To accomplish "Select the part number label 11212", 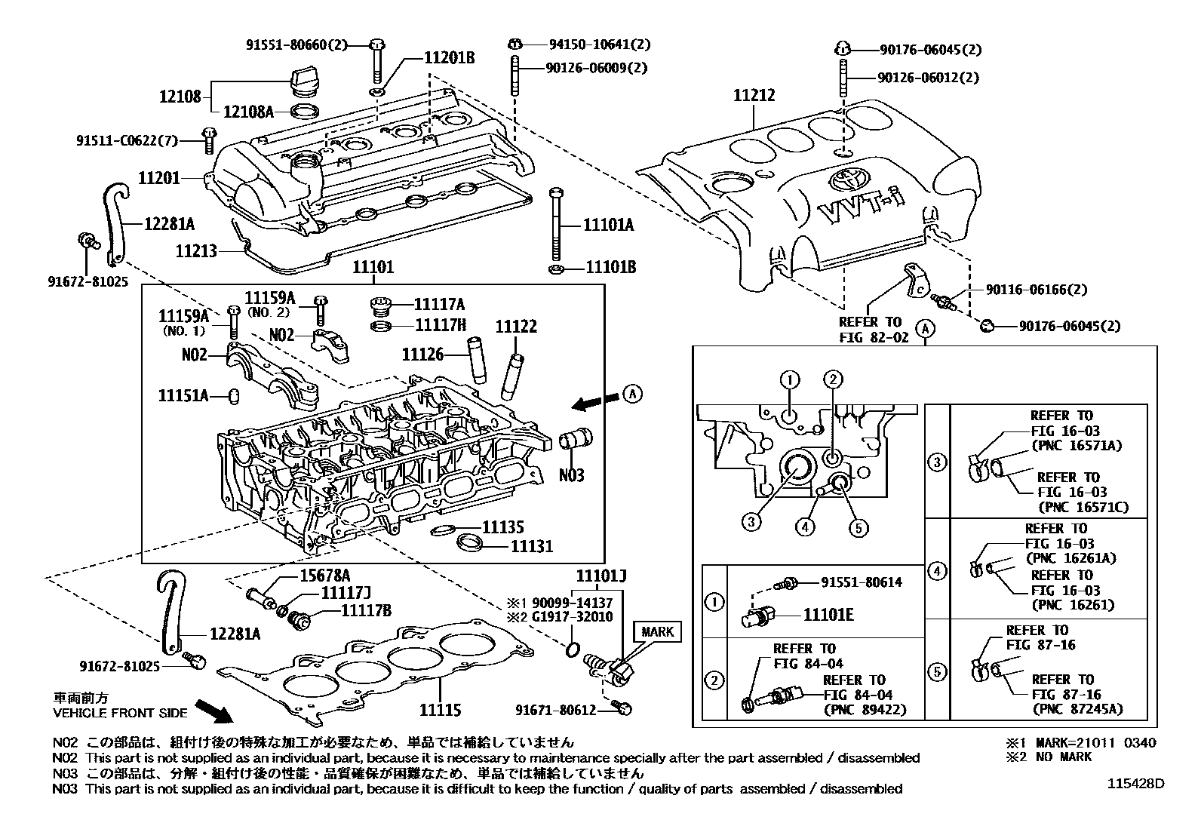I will [x=754, y=96].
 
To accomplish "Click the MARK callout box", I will [x=657, y=631].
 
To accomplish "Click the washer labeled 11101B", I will [x=555, y=269].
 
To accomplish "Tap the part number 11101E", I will [x=828, y=615].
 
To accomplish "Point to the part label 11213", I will [x=197, y=250].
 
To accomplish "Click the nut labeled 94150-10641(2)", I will [x=515, y=44].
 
